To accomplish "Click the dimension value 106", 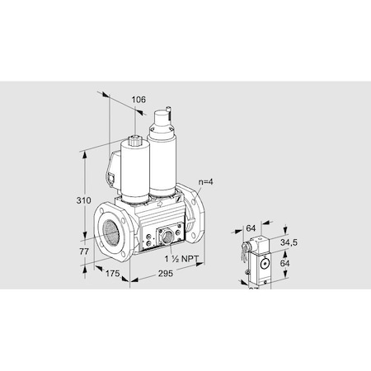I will pos(139,101).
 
